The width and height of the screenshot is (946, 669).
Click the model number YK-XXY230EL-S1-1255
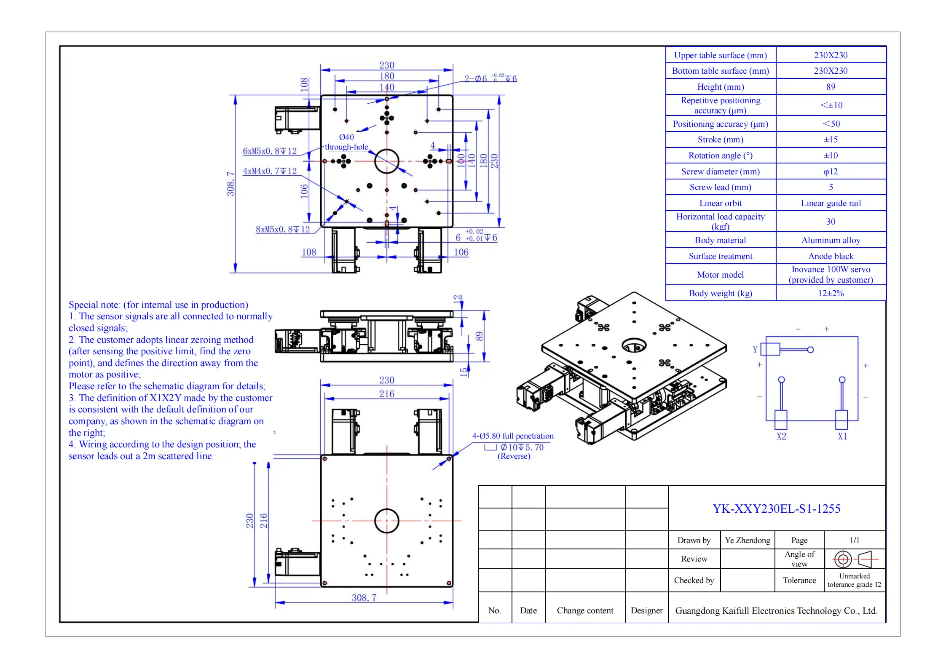click(x=776, y=508)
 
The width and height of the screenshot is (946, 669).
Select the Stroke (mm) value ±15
click(x=831, y=139)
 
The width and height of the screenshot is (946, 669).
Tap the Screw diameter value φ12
click(x=831, y=171)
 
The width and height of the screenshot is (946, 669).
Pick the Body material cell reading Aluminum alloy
click(x=831, y=240)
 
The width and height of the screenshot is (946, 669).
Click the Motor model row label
click(x=720, y=275)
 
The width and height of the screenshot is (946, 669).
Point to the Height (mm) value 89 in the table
click(x=831, y=87)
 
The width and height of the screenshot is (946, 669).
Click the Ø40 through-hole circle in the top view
click(x=386, y=161)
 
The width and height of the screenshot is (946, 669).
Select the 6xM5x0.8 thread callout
click(x=270, y=151)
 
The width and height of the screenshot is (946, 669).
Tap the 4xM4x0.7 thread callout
click(x=270, y=171)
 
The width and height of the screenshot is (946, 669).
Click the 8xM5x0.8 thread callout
click(x=283, y=229)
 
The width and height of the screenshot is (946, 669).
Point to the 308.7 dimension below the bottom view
click(x=364, y=597)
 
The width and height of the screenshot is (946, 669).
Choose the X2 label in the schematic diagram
click(x=781, y=436)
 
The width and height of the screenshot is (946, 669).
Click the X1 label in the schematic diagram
click(x=842, y=436)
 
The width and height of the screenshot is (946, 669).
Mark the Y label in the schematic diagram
click(x=755, y=349)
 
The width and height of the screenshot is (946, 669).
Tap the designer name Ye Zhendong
click(x=747, y=540)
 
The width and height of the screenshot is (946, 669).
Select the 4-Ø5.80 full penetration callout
click(x=513, y=436)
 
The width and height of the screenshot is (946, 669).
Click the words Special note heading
click(x=95, y=305)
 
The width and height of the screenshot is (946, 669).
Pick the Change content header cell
click(x=585, y=610)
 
